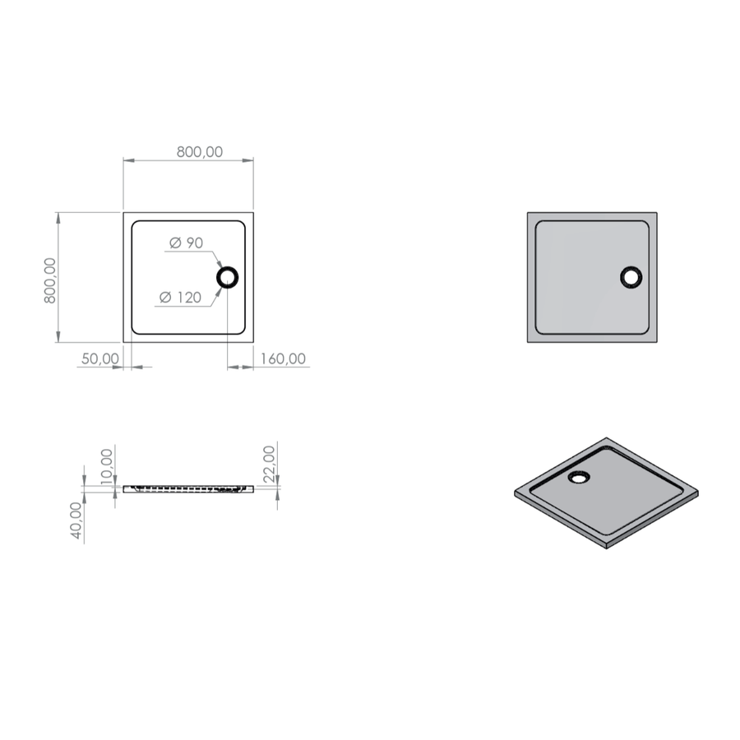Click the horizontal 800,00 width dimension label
pos(200,152)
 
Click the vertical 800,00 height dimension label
pos(49,280)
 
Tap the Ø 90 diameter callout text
pos(186,243)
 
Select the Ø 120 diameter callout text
pos(180,298)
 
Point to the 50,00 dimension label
pos(100,358)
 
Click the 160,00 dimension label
pos(283,358)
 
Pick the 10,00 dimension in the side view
pos(107,466)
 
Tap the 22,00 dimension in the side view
pos(269,464)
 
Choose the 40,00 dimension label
pos(76,520)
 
